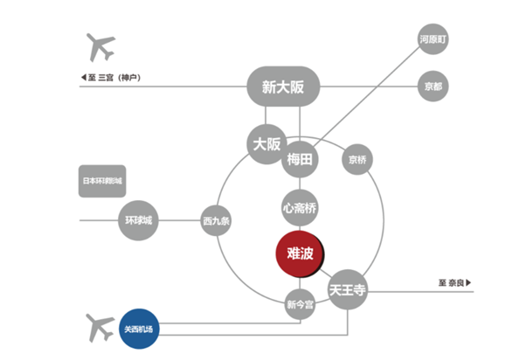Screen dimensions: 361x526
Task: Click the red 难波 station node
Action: pyautogui.click(x=300, y=253)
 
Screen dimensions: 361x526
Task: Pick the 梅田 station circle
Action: pyautogui.click(x=300, y=159)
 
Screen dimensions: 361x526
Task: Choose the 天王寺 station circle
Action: pyautogui.click(x=348, y=288)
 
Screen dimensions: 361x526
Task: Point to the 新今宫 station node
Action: pyautogui.click(x=300, y=305)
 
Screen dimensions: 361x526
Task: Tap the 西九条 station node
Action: pyautogui.click(x=216, y=220)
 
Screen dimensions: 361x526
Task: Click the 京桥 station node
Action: pyautogui.click(x=357, y=159)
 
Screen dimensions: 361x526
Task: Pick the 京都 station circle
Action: pyautogui.click(x=433, y=87)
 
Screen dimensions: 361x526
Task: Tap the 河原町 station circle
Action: pyautogui.click(x=433, y=40)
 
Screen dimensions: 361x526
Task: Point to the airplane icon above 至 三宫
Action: pyautogui.click(x=100, y=47)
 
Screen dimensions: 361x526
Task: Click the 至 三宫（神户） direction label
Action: pyautogui.click(x=114, y=78)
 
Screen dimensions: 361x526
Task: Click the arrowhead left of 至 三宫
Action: pyautogui.click(x=83, y=78)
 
